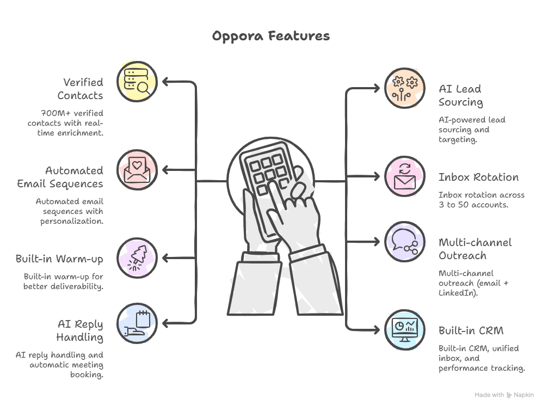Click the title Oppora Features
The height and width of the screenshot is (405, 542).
pos(270,36)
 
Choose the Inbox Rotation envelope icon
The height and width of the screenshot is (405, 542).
pos(405,176)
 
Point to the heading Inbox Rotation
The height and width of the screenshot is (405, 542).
pos(478,177)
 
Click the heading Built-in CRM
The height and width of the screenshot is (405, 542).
pos(471,330)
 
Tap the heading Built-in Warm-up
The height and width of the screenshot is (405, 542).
pos(59,259)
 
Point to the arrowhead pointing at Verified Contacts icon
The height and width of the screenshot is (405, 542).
pos(167,82)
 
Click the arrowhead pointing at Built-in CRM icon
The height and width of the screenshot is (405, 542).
pos(376,330)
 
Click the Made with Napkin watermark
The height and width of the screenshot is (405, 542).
pos(504,395)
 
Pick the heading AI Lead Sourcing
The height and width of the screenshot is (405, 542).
pos(460,95)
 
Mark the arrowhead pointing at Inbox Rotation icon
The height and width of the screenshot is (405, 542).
pos(376,176)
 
